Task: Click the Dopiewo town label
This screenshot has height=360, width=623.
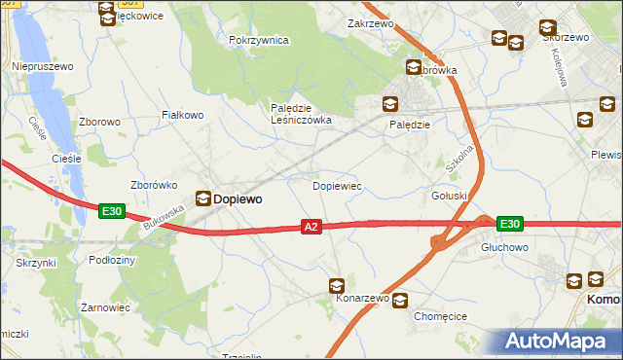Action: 238,198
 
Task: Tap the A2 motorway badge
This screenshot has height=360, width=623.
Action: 311,227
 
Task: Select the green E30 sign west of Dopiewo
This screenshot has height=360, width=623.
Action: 111,210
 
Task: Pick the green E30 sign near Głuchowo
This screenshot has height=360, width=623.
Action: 510,224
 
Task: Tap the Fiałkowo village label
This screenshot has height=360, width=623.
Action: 182,115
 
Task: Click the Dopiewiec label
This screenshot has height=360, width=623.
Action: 337,185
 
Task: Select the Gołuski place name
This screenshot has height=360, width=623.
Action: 450,196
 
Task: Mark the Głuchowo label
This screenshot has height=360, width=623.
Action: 504,248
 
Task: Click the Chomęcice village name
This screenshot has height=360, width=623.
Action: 441,316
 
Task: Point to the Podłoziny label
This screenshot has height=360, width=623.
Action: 111,261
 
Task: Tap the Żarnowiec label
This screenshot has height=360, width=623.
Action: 105,307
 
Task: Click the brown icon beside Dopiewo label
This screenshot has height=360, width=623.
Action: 202,198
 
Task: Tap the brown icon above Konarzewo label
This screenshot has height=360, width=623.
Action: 336,285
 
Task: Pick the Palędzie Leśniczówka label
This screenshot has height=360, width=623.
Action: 301,114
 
